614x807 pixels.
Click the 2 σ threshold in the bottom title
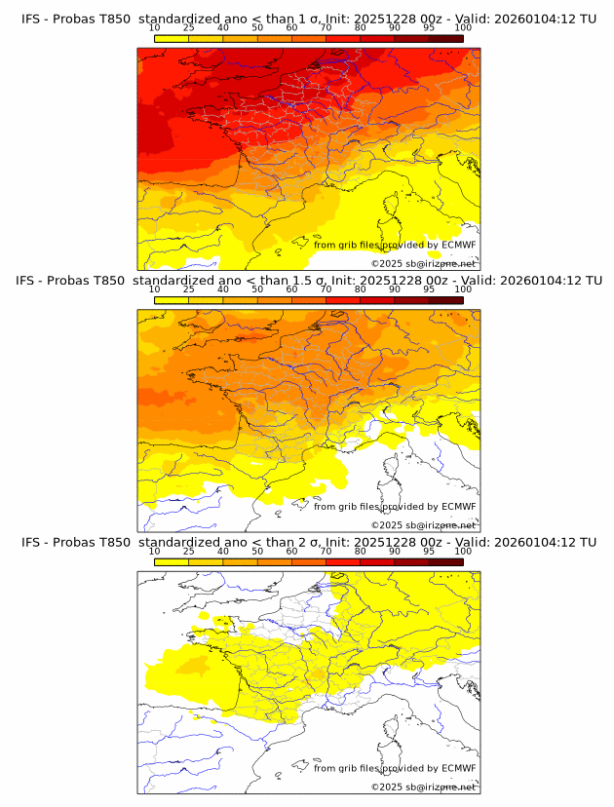click(x=306, y=542)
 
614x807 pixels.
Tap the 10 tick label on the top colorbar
click(x=155, y=27)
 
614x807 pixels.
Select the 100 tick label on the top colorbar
click(x=463, y=27)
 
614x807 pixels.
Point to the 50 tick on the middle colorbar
click(x=257, y=289)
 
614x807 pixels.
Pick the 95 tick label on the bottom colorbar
click(x=429, y=551)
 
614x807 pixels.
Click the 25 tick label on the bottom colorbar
click(x=189, y=551)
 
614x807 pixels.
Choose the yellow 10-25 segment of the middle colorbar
click(x=172, y=299)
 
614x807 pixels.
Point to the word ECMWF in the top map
click(x=458, y=245)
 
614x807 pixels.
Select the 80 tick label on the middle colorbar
click(x=361, y=289)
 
